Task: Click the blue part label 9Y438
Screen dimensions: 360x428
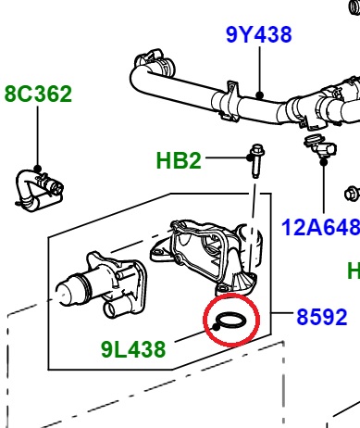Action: (x=259, y=34)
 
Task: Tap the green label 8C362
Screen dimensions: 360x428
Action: (x=38, y=94)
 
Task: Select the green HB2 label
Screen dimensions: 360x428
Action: (x=179, y=160)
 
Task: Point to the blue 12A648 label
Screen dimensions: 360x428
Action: (x=321, y=227)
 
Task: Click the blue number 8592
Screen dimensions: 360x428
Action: (x=322, y=317)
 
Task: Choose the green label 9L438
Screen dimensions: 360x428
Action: (x=133, y=349)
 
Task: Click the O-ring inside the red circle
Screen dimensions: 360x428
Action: (x=231, y=321)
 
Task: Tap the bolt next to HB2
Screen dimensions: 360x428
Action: (x=256, y=160)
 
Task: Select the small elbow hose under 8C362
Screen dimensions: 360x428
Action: (x=39, y=190)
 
